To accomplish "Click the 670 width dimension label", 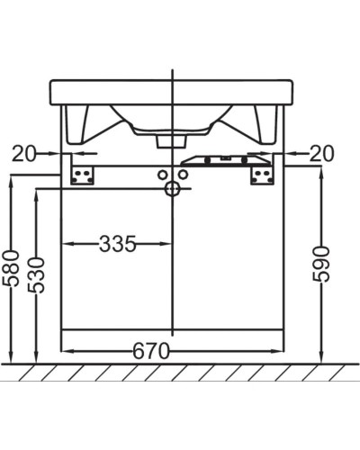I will (x=152, y=352).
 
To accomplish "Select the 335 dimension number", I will (x=117, y=243).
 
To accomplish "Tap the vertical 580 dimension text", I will (x=12, y=268).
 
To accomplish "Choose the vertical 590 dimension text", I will (x=321, y=263).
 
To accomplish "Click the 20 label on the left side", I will (x=24, y=154).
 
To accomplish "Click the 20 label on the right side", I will (x=321, y=154).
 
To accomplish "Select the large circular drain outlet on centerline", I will (x=172, y=188).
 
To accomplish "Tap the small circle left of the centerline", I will (x=162, y=173).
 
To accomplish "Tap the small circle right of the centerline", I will (x=182, y=173).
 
